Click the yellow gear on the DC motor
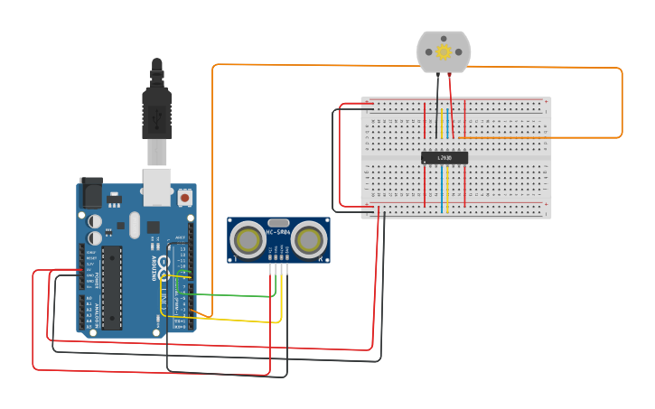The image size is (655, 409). click(x=444, y=51)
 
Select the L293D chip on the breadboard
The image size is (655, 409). click(x=444, y=157)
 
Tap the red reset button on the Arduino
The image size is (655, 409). click(x=185, y=197)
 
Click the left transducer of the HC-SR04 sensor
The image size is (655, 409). click(x=248, y=239)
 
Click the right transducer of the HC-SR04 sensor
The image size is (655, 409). click(x=309, y=239)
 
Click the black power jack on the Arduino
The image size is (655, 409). click(x=91, y=193)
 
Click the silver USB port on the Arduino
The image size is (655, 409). click(x=158, y=181)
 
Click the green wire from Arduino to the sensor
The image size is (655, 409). click(x=235, y=295)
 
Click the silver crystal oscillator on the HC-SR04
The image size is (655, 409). click(x=278, y=222)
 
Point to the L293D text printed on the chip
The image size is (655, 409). click(x=444, y=158)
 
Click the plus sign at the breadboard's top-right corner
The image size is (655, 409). click(x=545, y=101)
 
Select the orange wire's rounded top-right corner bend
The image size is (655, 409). click(x=619, y=70)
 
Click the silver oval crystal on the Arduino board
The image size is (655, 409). click(x=135, y=224)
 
